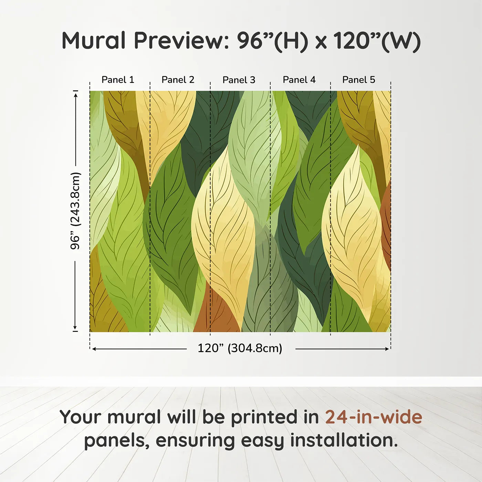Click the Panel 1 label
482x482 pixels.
[118, 80]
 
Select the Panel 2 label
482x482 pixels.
[178, 80]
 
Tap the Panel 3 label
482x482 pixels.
[239, 80]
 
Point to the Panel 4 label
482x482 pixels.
[299, 80]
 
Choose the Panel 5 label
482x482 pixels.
[359, 80]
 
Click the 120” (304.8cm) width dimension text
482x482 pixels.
[240, 348]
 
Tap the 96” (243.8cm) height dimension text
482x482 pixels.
[75, 211]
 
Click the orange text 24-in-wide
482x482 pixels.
[374, 417]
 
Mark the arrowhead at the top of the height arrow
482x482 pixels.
[76, 95]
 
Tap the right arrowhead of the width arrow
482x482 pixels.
[387, 349]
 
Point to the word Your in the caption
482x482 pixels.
[81, 417]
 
